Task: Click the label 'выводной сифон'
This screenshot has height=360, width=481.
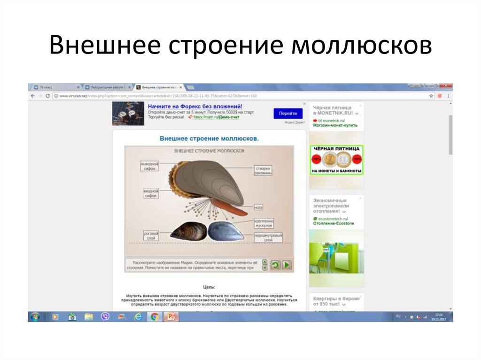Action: pyautogui.click(x=150, y=166)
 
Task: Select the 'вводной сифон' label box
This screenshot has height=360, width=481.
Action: pyautogui.click(x=150, y=193)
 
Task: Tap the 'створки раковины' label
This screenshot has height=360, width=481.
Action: pyautogui.click(x=264, y=170)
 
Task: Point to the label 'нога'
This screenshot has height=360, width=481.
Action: pyautogui.click(x=258, y=207)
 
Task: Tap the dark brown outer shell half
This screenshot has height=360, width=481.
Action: pyautogui.click(x=188, y=231)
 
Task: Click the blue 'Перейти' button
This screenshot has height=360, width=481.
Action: pyautogui.click(x=288, y=114)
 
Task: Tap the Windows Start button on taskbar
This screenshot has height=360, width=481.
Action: pyautogui.click(x=34, y=316)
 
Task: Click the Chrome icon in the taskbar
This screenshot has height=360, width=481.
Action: pyautogui.click(x=154, y=316)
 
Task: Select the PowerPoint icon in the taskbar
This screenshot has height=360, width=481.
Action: pyautogui.click(x=171, y=316)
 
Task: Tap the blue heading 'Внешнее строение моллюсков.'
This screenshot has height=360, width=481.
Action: pyautogui.click(x=209, y=138)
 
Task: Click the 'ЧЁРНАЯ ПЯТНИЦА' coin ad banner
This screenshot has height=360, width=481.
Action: pyautogui.click(x=336, y=160)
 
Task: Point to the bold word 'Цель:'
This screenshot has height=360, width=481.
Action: pyautogui.click(x=209, y=286)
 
